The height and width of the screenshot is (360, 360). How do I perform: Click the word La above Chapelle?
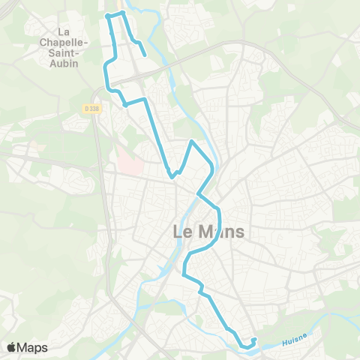(64, 31)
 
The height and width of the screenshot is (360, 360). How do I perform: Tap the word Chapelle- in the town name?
(64, 42)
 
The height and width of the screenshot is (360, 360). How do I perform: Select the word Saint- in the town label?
(64, 52)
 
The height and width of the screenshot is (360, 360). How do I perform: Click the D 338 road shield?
(92, 108)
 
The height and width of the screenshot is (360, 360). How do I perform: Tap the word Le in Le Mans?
(182, 232)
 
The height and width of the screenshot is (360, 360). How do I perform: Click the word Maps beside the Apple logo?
(33, 348)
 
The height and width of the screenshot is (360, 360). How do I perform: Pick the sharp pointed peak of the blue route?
(193, 141)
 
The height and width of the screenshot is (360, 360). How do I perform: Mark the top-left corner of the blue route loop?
(108, 14)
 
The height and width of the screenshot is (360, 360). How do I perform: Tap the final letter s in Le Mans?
(239, 232)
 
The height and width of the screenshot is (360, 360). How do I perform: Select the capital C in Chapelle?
(43, 42)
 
